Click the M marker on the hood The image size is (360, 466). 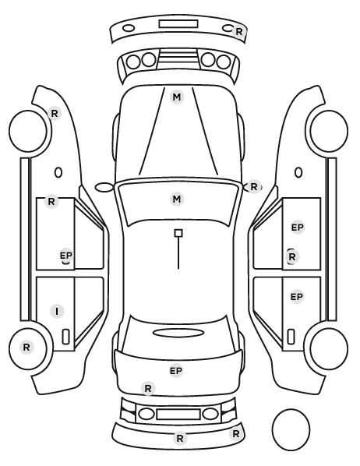[177, 97]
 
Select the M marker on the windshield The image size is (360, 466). [177, 199]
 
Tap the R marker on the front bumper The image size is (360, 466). [239, 31]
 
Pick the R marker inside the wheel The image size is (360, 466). [26, 347]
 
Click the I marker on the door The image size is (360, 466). [57, 311]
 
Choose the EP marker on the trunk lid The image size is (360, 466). [176, 371]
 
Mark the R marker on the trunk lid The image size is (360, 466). [148, 388]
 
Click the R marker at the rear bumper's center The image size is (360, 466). [180, 439]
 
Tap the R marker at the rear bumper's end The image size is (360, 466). [236, 434]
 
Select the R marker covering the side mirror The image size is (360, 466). [253, 187]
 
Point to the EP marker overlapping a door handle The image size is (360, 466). [66, 256]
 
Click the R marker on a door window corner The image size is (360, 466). [51, 202]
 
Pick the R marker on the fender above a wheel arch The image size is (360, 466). [55, 113]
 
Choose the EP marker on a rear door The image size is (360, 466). [297, 297]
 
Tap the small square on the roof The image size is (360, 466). [178, 233]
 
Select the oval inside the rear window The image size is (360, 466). [178, 333]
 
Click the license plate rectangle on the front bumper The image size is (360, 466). [178, 24]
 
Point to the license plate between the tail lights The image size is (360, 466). [178, 415]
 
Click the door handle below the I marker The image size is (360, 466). [65, 337]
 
